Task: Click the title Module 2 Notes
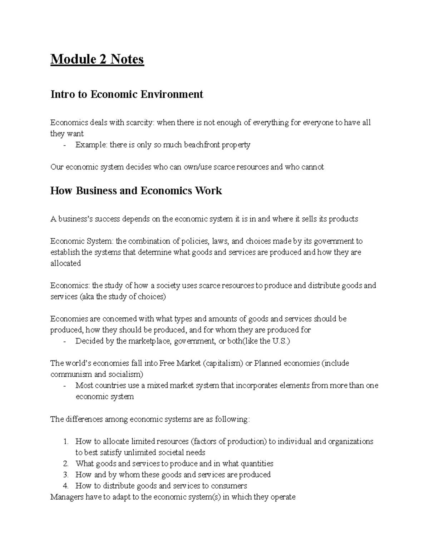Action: (x=97, y=59)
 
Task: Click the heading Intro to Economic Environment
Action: (x=127, y=94)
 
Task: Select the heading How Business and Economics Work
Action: (x=136, y=190)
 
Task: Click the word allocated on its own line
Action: (x=65, y=263)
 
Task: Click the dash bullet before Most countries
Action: (x=64, y=386)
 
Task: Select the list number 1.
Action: (x=65, y=441)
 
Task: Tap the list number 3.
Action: (x=65, y=475)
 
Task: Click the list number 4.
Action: (x=65, y=486)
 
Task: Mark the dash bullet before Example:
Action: (x=64, y=145)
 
